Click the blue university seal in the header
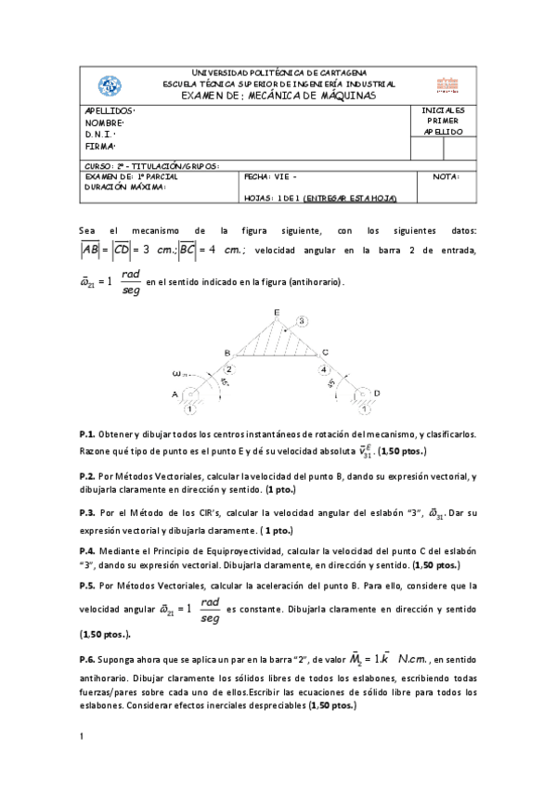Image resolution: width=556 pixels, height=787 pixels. pyautogui.click(x=110, y=85)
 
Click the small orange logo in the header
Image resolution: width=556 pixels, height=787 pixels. pyautogui.click(x=447, y=84)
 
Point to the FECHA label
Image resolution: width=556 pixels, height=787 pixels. pyautogui.click(x=255, y=175)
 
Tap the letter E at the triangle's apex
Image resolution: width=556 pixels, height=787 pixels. pyautogui.click(x=276, y=311)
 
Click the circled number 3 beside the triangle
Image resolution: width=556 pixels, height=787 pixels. pyautogui.click(x=301, y=321)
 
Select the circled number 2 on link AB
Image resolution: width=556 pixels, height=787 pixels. pyautogui.click(x=228, y=369)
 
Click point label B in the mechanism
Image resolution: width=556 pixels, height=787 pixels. pyautogui.click(x=226, y=354)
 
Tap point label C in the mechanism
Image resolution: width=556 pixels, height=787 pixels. pyautogui.click(x=324, y=353)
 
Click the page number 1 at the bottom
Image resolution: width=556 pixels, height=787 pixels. pyautogui.click(x=82, y=736)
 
